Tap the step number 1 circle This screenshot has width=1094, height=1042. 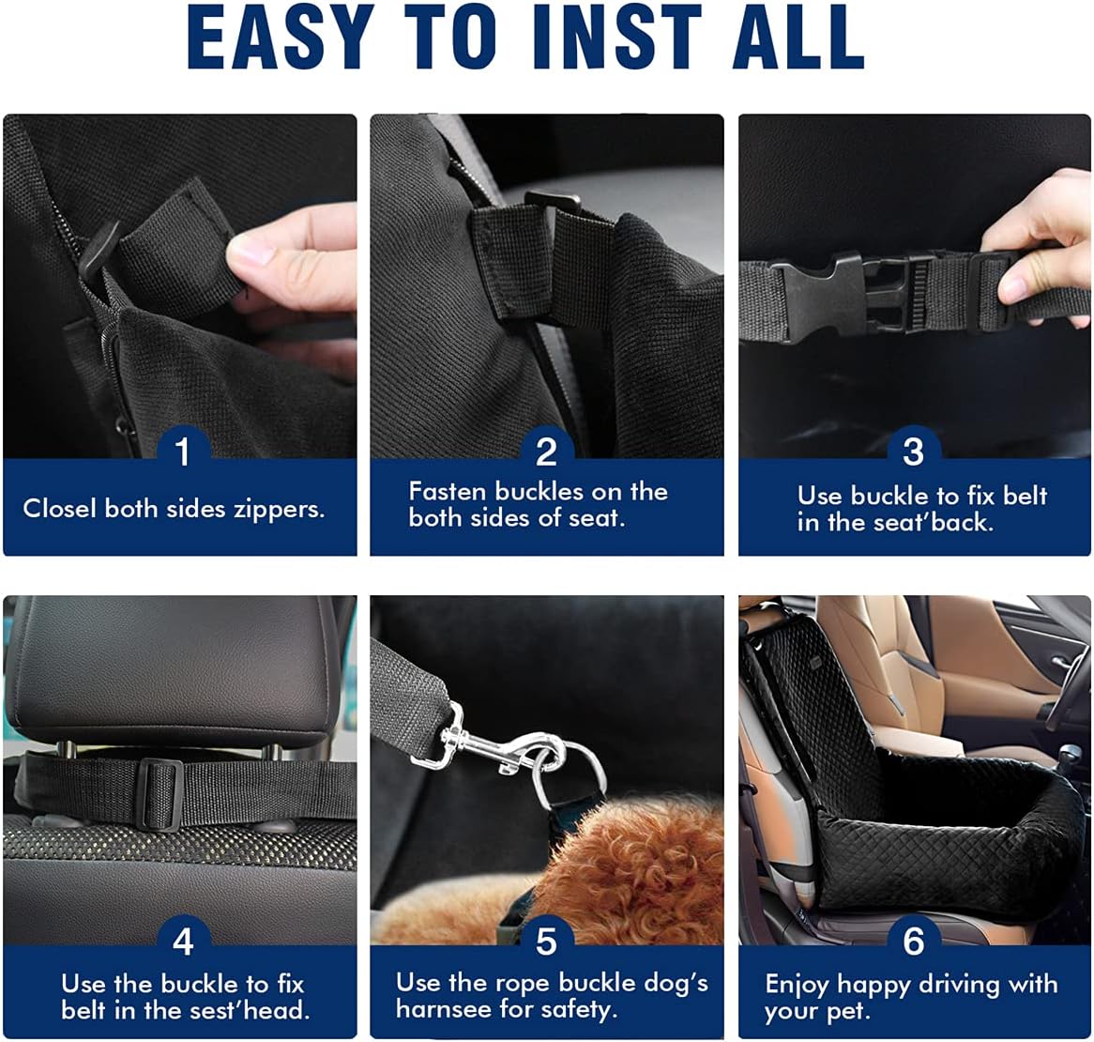tap(182, 452)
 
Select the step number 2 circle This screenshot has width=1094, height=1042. tap(546, 452)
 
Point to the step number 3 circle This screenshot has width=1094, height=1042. tap(913, 452)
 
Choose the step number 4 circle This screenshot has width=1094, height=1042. tap(182, 941)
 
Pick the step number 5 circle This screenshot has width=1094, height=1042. tap(546, 941)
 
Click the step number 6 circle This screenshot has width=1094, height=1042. tap(913, 941)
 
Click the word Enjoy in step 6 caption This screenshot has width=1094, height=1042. tap(798, 985)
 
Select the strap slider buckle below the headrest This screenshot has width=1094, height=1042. tap(159, 793)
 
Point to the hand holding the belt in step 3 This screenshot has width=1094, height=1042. tap(1041, 244)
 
